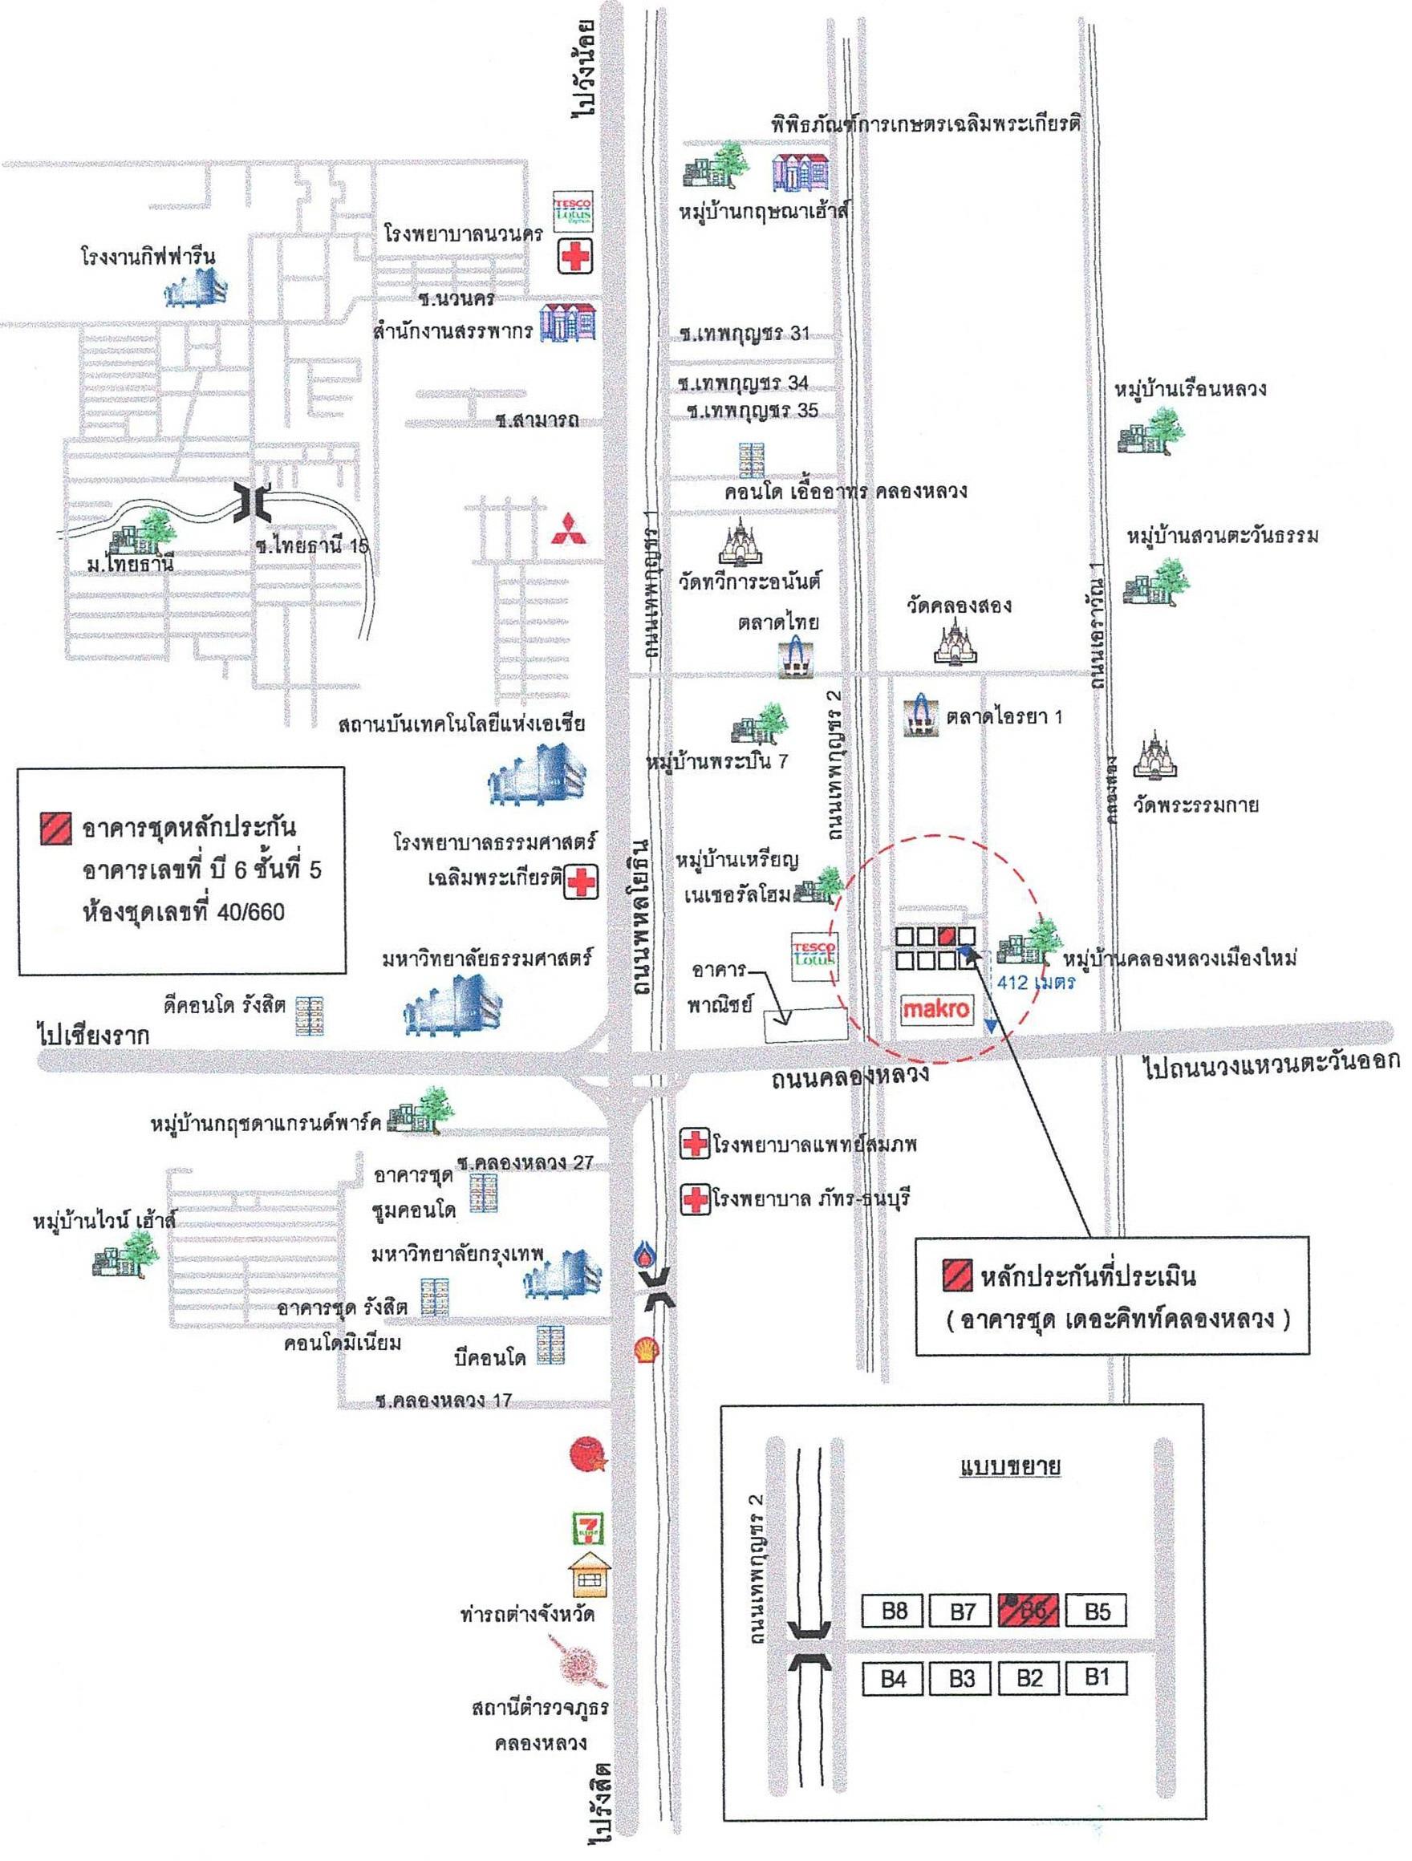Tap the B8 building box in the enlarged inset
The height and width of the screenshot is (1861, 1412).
893,1611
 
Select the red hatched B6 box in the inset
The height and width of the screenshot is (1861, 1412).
1029,1611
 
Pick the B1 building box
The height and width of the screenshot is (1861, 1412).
1097,1677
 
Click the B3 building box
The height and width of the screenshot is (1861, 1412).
962,1678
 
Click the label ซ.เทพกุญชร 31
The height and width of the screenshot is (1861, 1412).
745,333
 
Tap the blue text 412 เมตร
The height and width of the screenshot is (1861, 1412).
1036,982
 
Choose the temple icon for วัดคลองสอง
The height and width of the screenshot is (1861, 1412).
957,641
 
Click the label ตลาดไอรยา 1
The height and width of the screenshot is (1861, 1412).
1004,716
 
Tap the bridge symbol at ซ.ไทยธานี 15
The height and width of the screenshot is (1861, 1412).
254,502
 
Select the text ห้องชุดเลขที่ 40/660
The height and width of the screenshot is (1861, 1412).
183,911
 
